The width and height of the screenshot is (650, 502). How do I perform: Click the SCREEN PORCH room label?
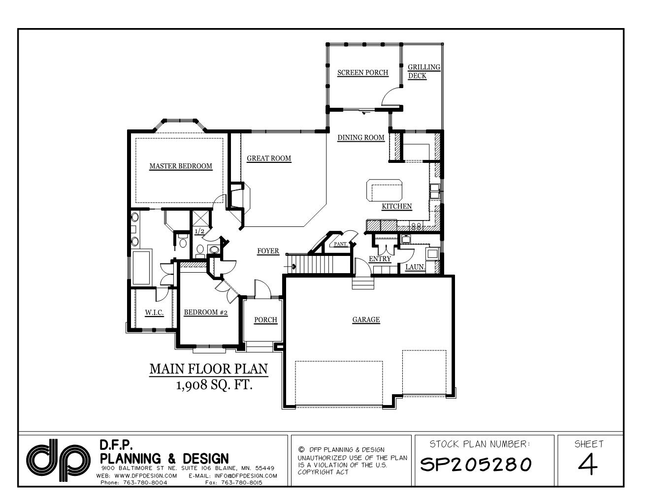[x=362, y=73]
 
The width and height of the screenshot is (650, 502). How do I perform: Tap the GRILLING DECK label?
[x=424, y=71]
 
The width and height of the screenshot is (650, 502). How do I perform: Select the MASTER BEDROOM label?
[x=181, y=166]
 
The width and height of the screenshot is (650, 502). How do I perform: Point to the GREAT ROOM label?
[x=268, y=158]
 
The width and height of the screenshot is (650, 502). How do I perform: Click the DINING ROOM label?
[x=361, y=137]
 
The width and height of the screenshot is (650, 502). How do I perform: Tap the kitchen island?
[x=384, y=190]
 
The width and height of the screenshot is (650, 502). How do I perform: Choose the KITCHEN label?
[x=396, y=206]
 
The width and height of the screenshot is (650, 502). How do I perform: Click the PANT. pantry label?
[x=340, y=244]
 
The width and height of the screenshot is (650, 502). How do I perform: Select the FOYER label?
[x=268, y=251]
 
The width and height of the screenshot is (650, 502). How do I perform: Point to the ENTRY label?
[x=380, y=258]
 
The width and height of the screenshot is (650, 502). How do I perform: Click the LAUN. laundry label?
[x=415, y=267]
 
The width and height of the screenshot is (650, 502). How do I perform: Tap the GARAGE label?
[x=366, y=319]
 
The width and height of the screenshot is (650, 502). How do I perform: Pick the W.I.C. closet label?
[x=154, y=313]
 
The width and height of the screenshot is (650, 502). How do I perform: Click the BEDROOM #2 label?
[x=205, y=313]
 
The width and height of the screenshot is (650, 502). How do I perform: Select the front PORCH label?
[x=265, y=320]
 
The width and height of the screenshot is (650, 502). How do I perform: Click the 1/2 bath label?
[x=199, y=231]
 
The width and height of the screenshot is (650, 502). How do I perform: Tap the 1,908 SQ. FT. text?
[x=214, y=385]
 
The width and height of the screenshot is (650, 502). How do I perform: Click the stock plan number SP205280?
[x=476, y=464]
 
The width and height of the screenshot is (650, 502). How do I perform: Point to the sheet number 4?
[x=588, y=464]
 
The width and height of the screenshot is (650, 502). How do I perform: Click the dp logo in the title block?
[x=58, y=460]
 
